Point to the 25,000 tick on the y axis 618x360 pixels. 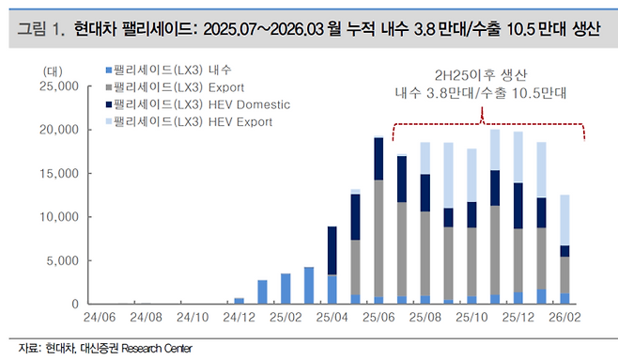[49, 86]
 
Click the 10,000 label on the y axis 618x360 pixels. [49, 217]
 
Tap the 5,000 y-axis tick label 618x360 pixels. [53, 260]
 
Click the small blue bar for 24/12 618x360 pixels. [239, 301]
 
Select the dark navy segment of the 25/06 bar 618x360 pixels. [379, 159]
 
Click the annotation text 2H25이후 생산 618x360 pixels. [482, 75]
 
